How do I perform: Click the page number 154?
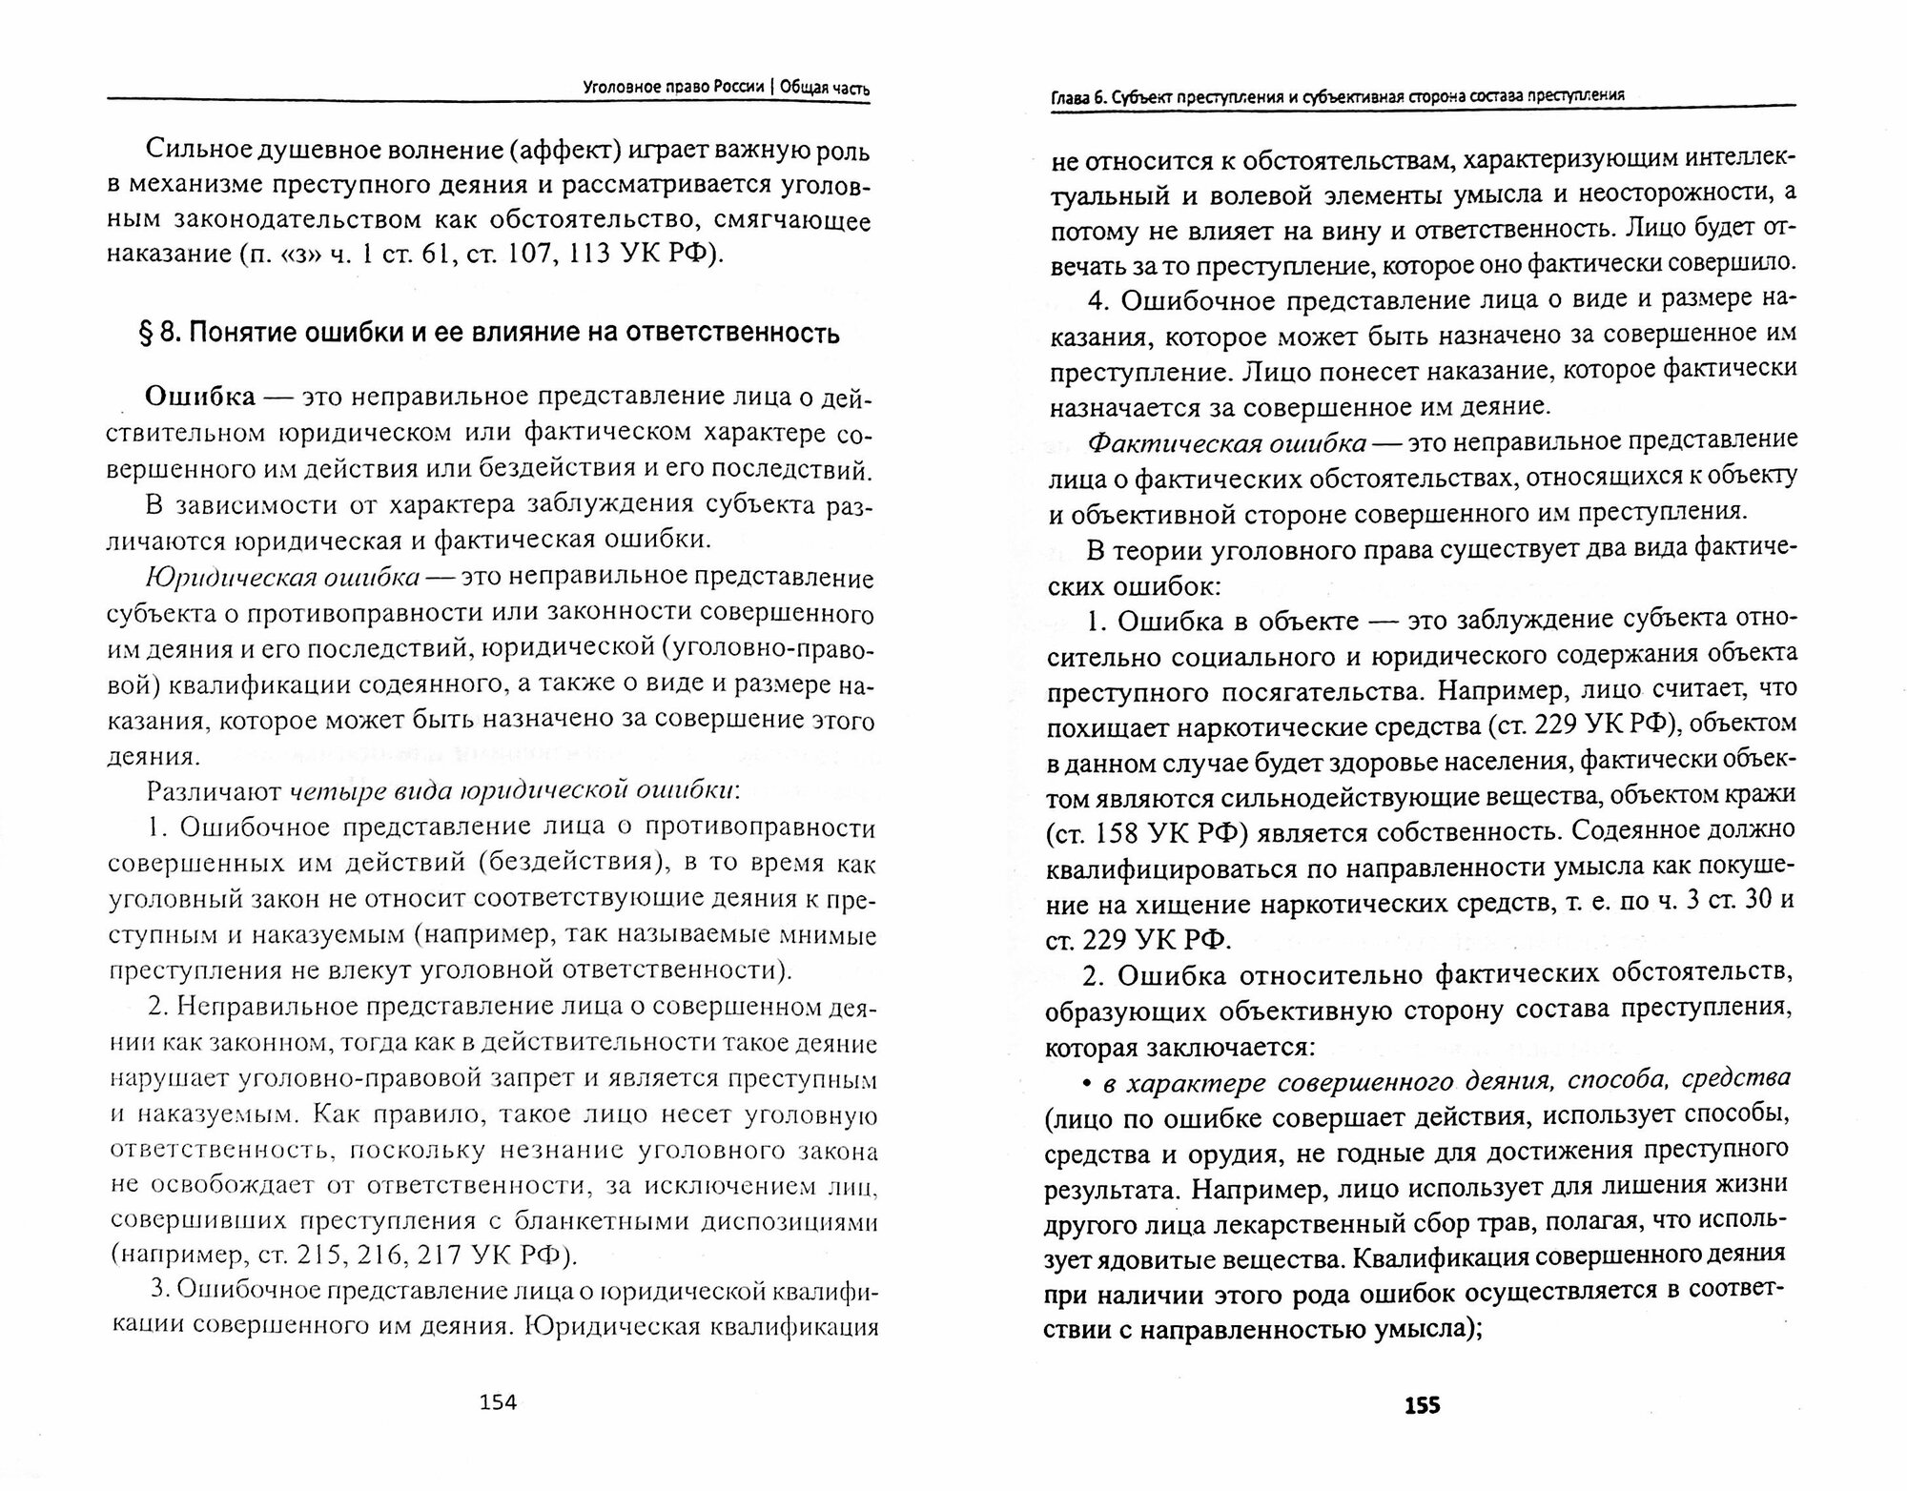pyautogui.click(x=497, y=1401)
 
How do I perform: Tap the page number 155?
pyautogui.click(x=1421, y=1405)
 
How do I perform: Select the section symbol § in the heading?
pyautogui.click(x=148, y=334)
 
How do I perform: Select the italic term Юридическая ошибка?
pyautogui.click(x=282, y=578)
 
